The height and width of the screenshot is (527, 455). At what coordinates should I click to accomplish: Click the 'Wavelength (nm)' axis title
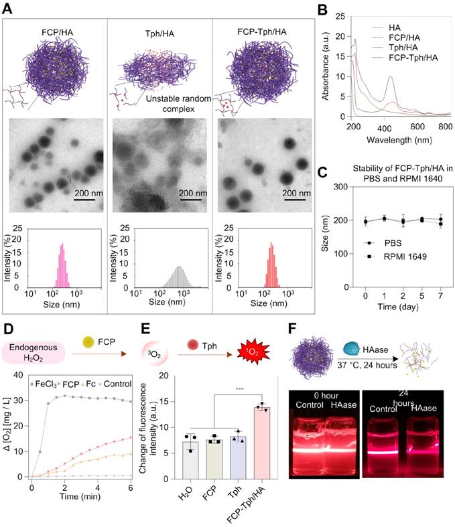[397, 141]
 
